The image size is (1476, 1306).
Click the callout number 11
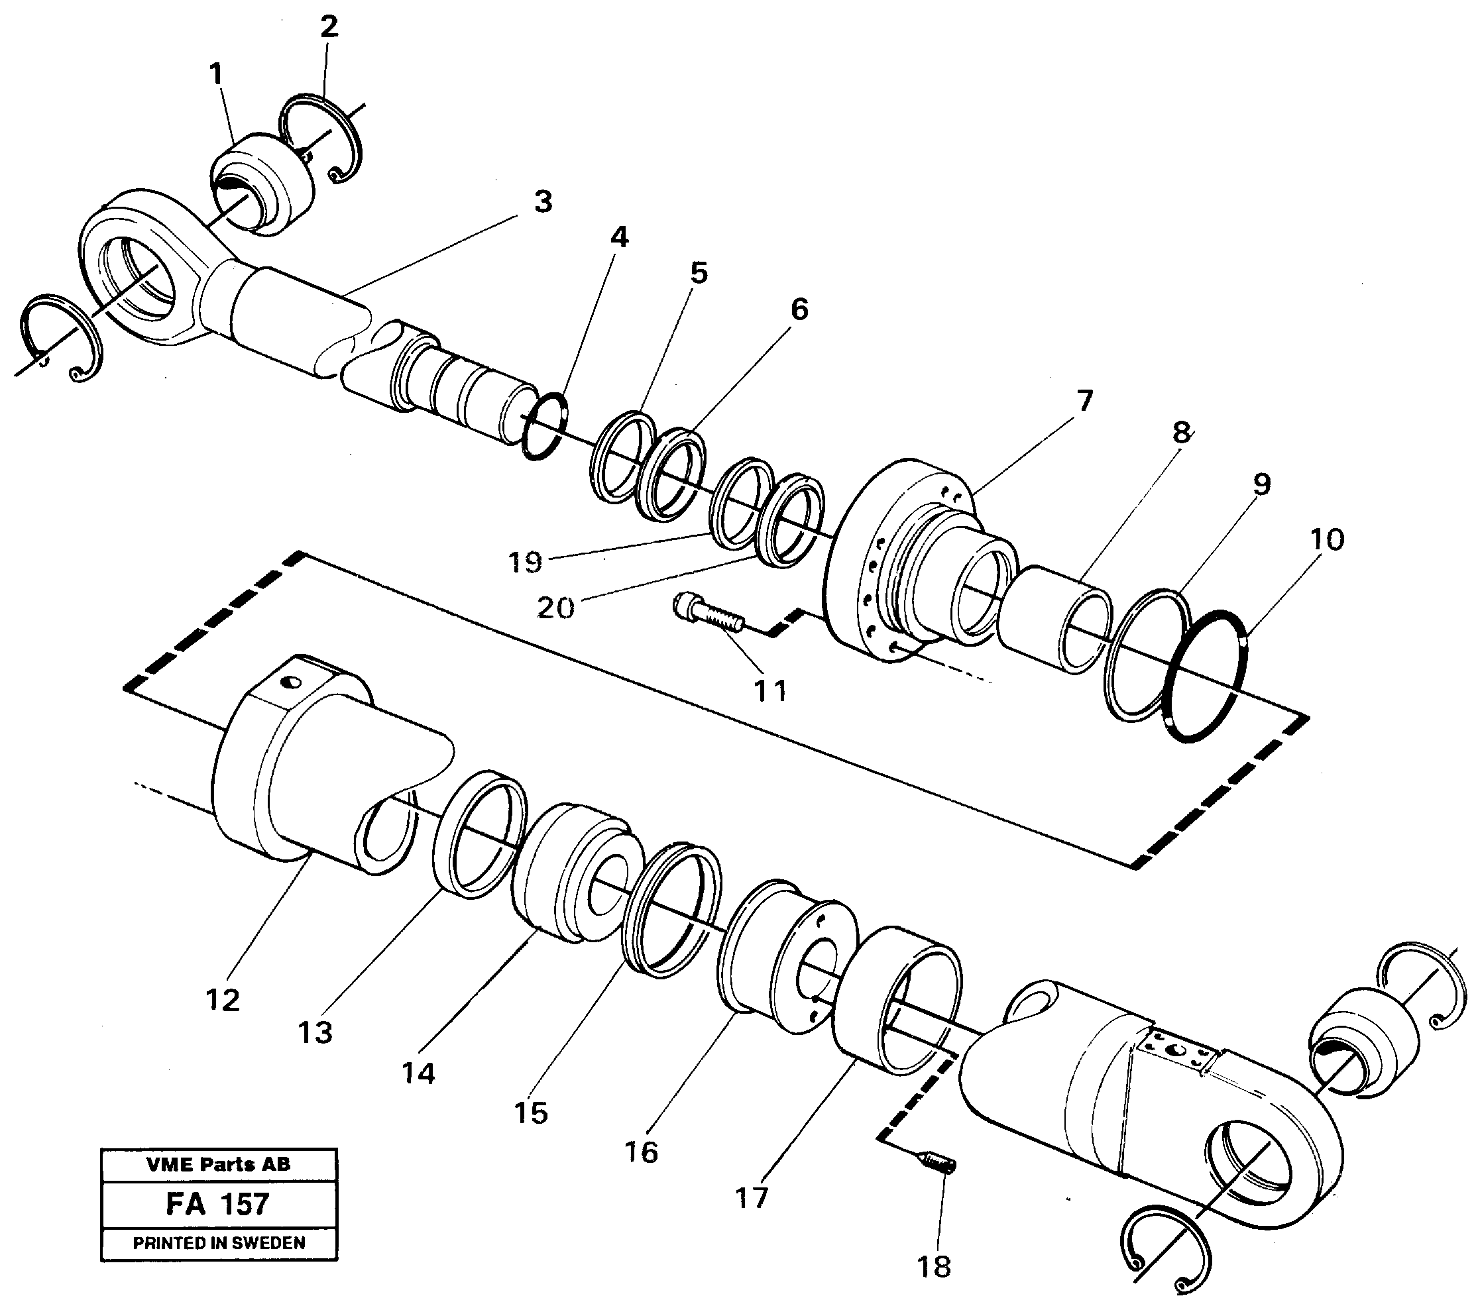click(769, 691)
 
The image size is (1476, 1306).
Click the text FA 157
click(217, 1204)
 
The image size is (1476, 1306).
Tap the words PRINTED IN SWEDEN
click(219, 1243)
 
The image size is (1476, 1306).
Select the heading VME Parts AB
click(218, 1164)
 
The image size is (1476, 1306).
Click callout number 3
click(543, 202)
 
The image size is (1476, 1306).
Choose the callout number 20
click(555, 608)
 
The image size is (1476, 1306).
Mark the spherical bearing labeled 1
click(264, 185)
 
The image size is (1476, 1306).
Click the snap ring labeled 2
click(321, 138)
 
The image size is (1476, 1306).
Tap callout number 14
click(418, 1073)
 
